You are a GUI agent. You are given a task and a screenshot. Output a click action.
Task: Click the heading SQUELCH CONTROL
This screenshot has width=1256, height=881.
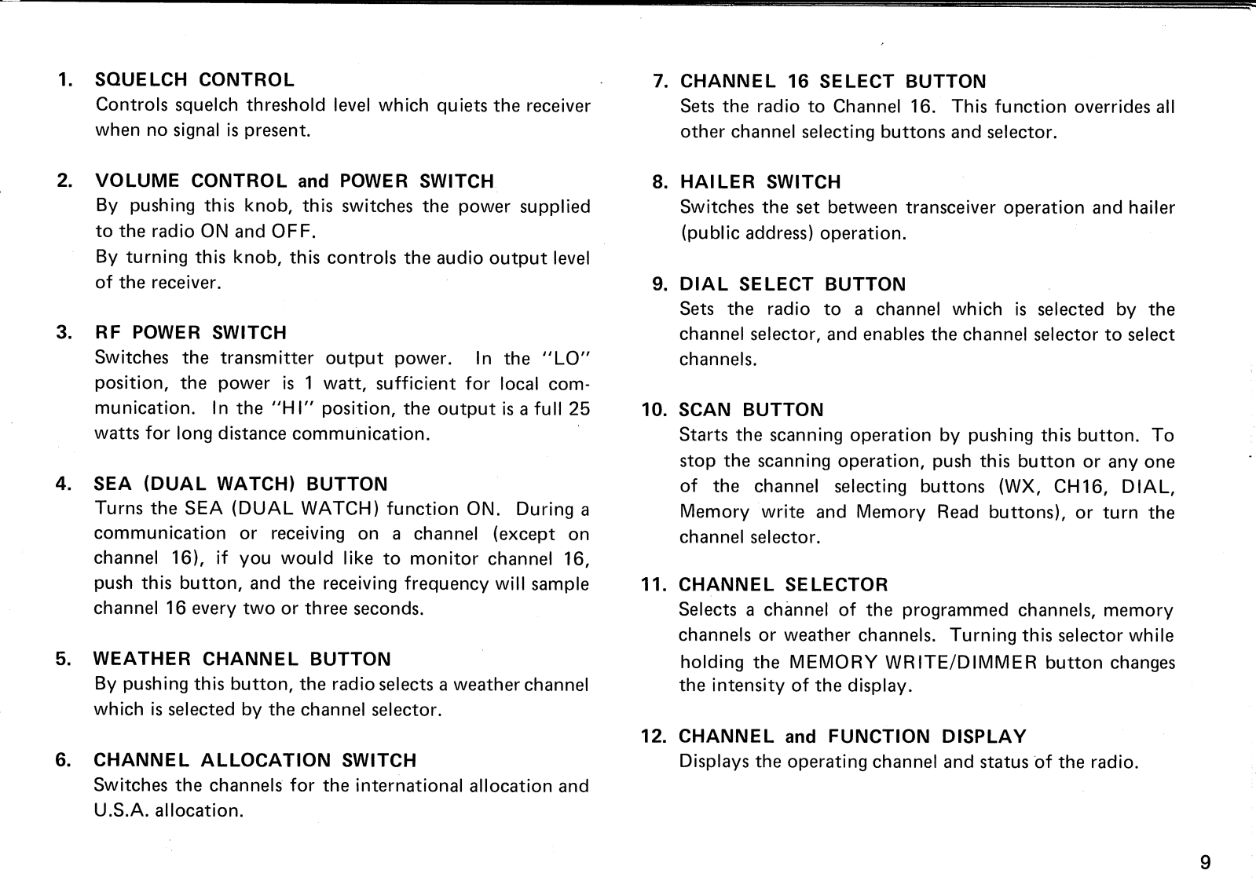(194, 79)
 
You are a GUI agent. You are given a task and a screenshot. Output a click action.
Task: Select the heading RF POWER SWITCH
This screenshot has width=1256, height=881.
(190, 332)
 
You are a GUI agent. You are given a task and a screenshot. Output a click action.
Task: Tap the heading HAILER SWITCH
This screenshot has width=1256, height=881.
(760, 182)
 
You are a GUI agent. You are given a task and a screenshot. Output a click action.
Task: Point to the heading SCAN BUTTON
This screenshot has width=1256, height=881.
(751, 410)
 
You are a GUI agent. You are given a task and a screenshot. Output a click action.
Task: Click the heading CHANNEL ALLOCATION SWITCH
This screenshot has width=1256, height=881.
(254, 760)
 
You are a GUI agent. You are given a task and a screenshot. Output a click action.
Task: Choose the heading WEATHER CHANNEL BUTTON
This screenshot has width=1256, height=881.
(242, 659)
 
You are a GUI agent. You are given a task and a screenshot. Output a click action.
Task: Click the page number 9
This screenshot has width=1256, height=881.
(1206, 863)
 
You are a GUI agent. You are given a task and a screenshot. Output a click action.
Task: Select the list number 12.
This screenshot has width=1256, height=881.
(654, 737)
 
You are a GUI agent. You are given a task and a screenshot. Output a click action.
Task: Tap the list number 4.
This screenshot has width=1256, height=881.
(62, 484)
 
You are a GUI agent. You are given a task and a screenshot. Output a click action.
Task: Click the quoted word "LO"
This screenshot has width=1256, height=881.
(566, 358)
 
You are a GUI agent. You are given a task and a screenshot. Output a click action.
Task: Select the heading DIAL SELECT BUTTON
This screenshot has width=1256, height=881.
(792, 284)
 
